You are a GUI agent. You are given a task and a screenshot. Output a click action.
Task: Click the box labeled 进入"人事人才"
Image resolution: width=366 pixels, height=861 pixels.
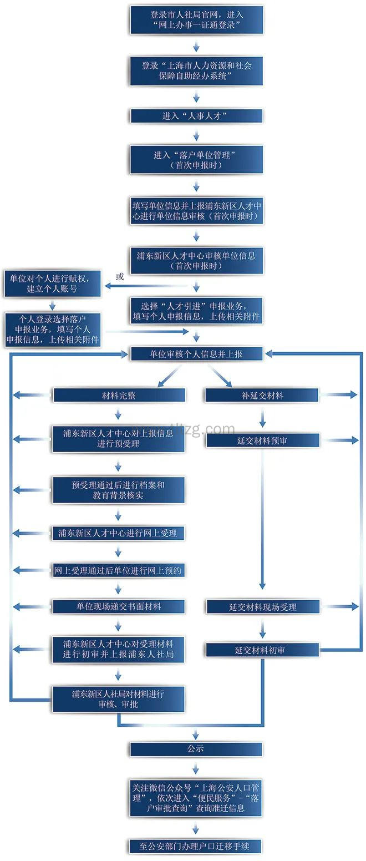[x=196, y=116]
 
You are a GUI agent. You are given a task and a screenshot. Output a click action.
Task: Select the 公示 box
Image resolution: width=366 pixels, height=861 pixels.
[x=196, y=749]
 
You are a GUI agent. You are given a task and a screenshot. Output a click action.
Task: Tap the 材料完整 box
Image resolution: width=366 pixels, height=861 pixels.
[x=119, y=396]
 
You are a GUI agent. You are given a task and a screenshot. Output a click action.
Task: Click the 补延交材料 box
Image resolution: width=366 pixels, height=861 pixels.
[x=262, y=396]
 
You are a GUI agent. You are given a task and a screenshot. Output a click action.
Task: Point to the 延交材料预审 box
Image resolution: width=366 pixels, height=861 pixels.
[x=262, y=440]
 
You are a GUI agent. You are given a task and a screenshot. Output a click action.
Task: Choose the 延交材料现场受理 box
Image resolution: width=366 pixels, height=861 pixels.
[x=262, y=607]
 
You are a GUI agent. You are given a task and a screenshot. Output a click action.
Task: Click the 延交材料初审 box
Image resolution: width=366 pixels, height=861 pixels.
[x=262, y=650]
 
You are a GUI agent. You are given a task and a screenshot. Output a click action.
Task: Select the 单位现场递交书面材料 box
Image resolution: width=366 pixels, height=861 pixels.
[x=119, y=607]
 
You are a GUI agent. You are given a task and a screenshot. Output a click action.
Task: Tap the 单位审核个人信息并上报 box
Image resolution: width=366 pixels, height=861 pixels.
[x=196, y=353]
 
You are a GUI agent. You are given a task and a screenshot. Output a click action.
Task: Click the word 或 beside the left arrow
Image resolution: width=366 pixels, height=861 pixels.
[x=119, y=276]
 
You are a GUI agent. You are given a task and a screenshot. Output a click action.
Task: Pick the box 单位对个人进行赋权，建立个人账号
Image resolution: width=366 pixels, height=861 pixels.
[x=53, y=283]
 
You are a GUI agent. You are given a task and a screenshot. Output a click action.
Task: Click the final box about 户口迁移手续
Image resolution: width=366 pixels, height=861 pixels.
[x=196, y=847]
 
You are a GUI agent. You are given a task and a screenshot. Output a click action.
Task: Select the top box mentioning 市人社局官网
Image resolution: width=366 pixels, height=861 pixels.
[x=196, y=19]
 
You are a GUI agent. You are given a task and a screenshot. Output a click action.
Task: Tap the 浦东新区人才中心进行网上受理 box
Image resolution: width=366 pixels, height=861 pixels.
[x=119, y=533]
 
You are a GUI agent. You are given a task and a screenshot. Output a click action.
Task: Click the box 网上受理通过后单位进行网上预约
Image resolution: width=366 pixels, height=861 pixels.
[x=119, y=570]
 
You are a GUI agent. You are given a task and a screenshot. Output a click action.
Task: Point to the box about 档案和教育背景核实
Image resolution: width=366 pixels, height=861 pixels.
[x=119, y=490]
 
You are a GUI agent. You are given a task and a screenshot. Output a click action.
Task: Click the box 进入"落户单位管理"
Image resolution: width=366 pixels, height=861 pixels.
[x=196, y=160]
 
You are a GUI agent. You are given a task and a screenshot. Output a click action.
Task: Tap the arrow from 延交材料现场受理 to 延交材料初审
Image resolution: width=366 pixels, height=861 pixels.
[x=263, y=629]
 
